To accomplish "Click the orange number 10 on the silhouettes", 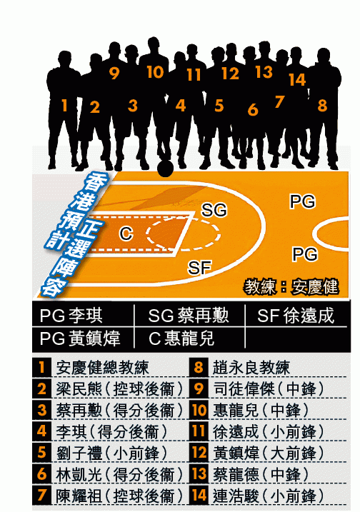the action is [155, 72].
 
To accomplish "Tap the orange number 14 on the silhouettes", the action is [297, 80].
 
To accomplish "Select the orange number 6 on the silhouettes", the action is [253, 110].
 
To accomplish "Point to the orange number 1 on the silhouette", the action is [64, 106].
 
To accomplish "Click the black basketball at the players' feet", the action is [165, 168].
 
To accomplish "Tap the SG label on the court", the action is [214, 210].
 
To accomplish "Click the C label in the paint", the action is [126, 234].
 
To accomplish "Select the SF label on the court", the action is [199, 268].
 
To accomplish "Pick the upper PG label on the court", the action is [303, 201].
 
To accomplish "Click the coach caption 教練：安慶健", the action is [291, 287].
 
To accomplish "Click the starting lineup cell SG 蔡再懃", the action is [188, 316].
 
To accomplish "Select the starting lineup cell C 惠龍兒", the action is [181, 338].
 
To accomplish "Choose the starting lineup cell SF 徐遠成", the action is [295, 316].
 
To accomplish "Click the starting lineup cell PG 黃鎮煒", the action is [80, 338].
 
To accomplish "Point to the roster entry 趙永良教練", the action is [251, 367].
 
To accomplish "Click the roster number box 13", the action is [199, 473].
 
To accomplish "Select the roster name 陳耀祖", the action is [79, 496].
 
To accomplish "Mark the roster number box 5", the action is [42, 453].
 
